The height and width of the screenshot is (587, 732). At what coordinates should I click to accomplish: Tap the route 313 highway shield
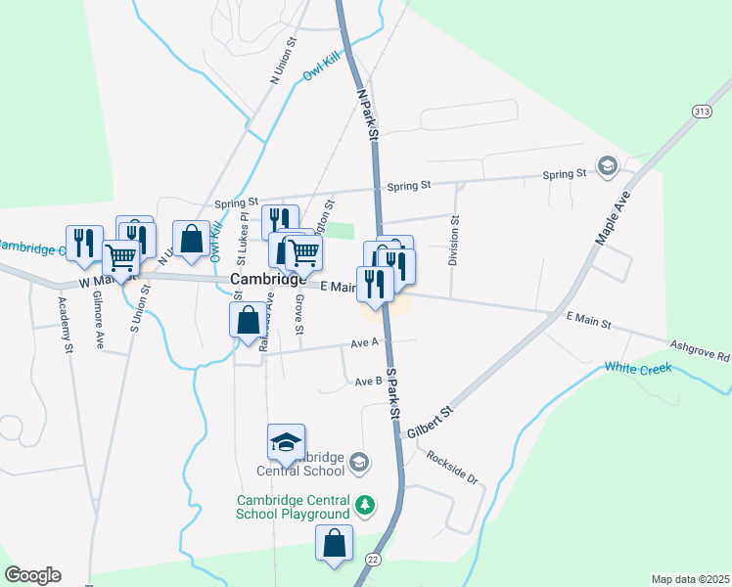[x=701, y=113]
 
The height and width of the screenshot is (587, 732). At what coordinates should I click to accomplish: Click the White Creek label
[x=636, y=368]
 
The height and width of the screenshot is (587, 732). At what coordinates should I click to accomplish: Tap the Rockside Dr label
[x=451, y=469]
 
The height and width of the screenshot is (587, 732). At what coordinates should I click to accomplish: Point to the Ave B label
[x=368, y=382]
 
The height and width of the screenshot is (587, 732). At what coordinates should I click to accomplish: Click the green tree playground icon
[x=364, y=506]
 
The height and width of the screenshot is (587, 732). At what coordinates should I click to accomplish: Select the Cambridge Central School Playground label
[x=293, y=507]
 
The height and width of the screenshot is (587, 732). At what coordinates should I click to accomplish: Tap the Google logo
[x=32, y=575]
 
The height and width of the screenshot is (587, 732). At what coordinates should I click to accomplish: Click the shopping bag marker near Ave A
[x=248, y=319]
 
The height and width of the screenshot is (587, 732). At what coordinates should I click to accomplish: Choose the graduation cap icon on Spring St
[x=608, y=166]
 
